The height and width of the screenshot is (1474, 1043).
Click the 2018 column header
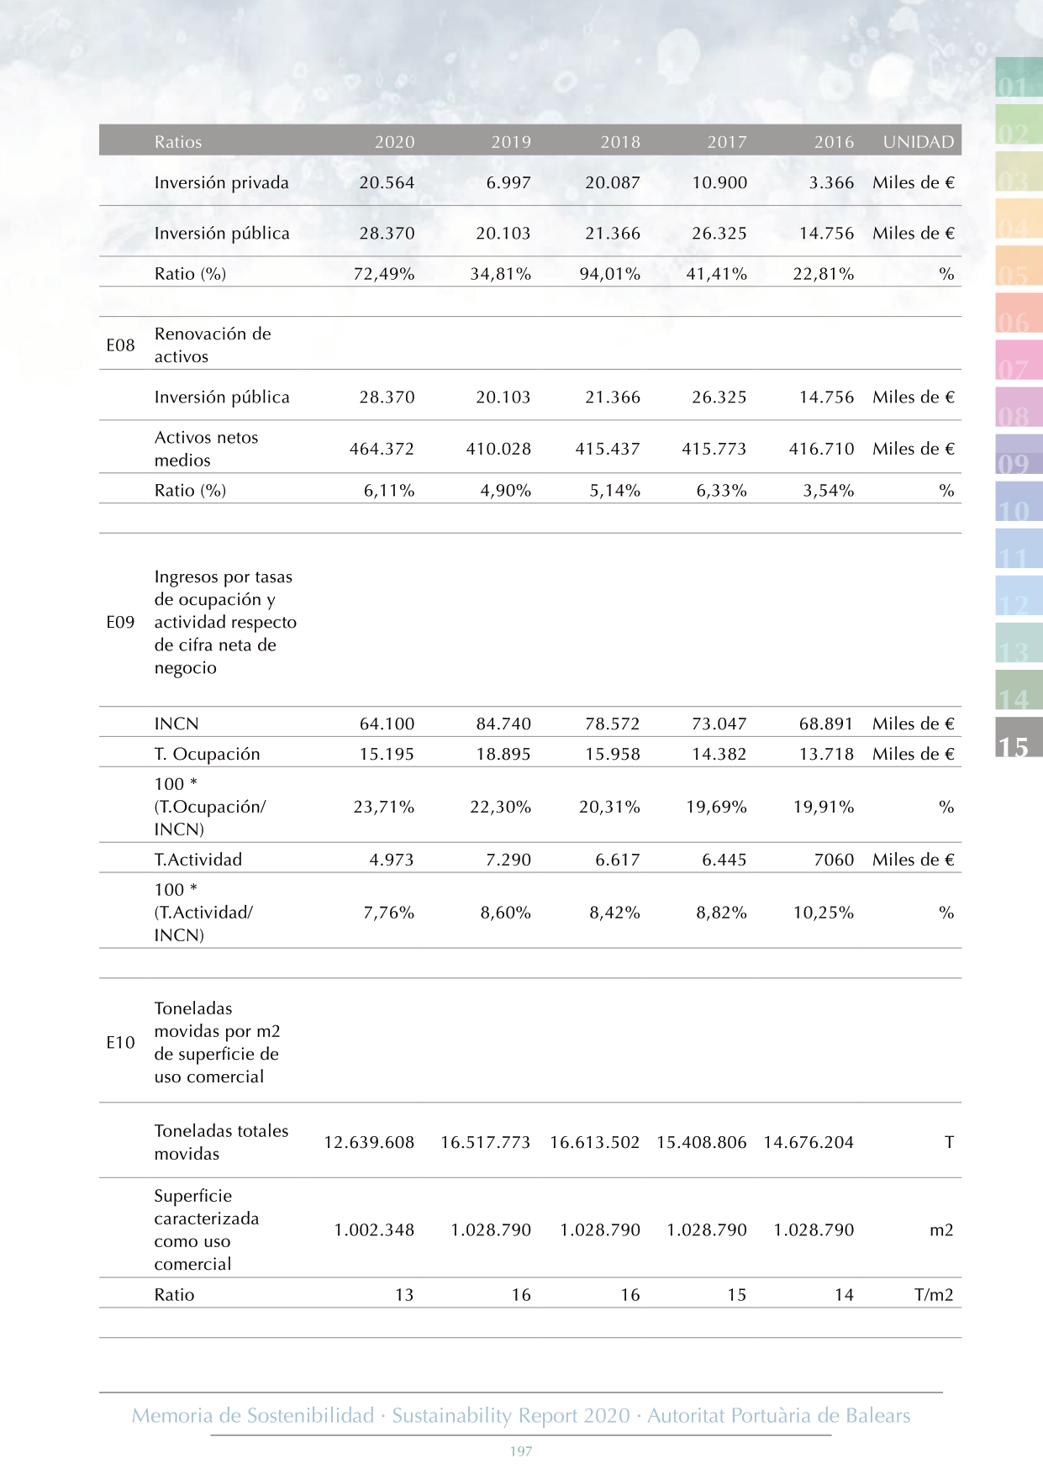[620, 142]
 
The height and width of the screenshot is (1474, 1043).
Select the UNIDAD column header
[919, 142]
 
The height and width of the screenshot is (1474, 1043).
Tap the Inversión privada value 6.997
[508, 182]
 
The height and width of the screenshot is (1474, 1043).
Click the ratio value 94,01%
[609, 273]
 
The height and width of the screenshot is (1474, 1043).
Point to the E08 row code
[120, 345]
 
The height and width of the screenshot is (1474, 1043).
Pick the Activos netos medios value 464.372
[382, 449]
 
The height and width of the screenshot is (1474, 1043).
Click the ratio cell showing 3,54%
[828, 490]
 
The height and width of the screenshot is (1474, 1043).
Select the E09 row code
[120, 622]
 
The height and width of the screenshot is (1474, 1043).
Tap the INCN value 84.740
[503, 724]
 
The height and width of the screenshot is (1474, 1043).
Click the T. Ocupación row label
[207, 754]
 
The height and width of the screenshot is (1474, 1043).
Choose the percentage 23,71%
[383, 807]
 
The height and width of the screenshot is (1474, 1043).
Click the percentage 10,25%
[824, 913]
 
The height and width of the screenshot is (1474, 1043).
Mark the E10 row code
[120, 1042]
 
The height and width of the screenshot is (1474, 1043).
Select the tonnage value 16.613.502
[594, 1142]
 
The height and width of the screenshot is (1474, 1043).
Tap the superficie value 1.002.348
[374, 1229]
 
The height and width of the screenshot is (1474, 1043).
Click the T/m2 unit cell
[934, 1295]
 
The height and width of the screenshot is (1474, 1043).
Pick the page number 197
[521, 1451]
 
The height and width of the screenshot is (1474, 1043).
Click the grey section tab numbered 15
[1019, 737]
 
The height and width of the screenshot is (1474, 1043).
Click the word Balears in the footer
[877, 1415]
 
